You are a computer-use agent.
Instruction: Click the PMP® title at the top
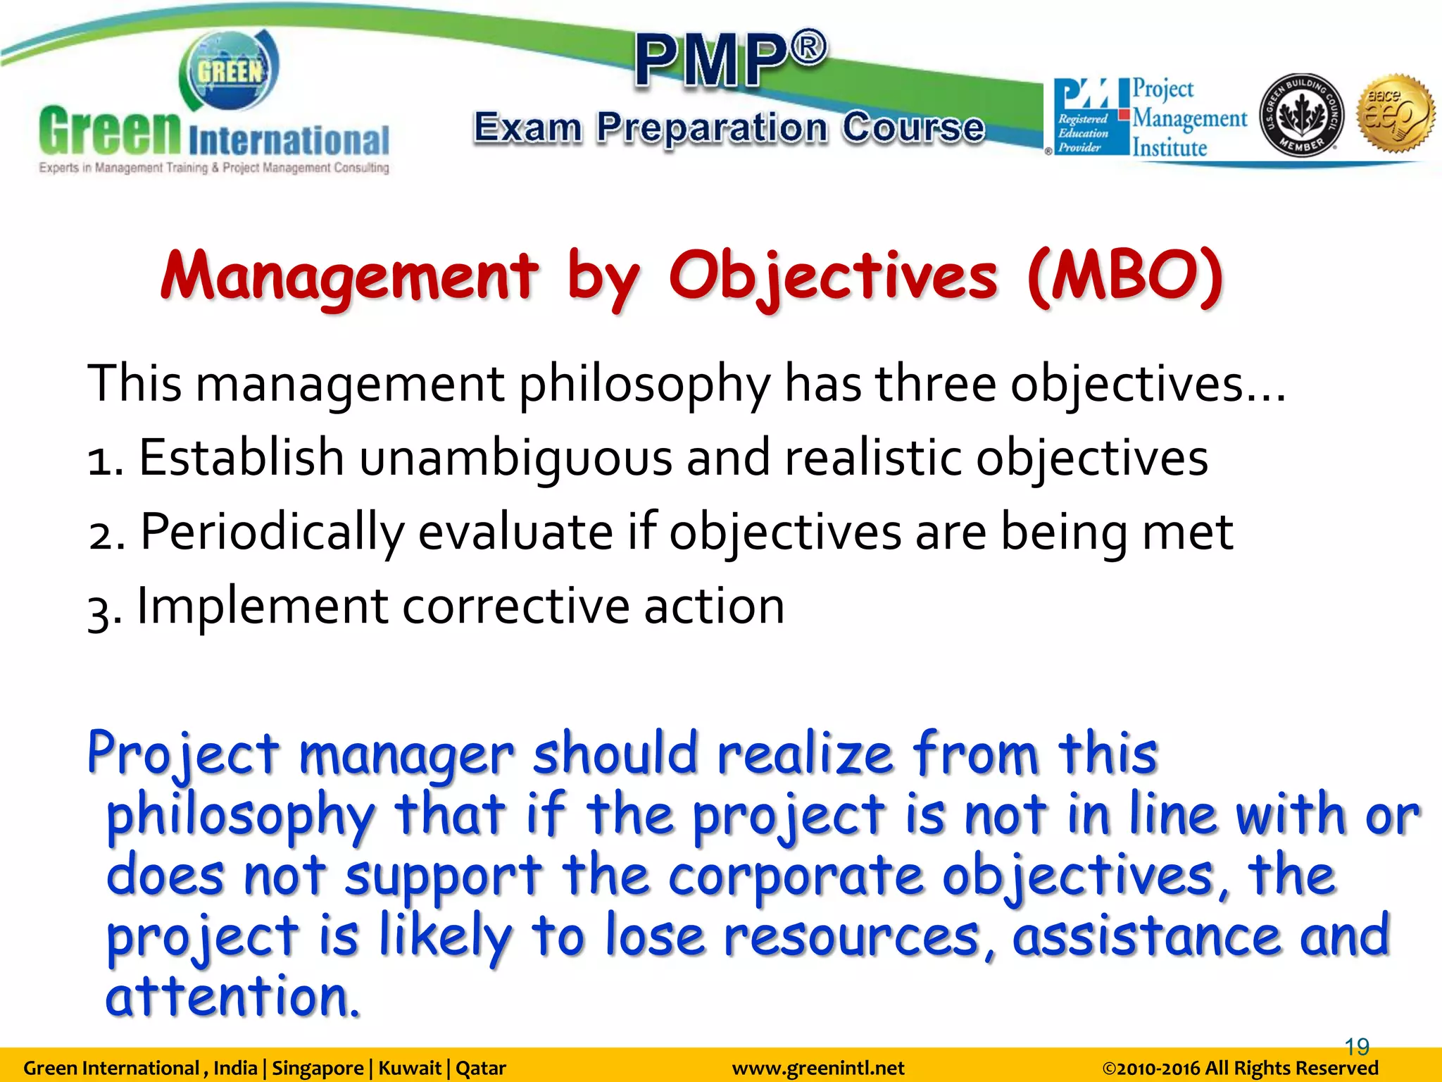point(731,59)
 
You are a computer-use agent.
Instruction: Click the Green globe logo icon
point(229,70)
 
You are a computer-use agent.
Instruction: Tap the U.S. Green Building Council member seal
point(1301,116)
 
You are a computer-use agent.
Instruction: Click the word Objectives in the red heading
point(832,277)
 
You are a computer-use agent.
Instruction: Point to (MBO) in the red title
point(1124,277)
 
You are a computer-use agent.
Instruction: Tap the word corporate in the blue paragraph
point(796,876)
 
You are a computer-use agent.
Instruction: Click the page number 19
point(1357,1047)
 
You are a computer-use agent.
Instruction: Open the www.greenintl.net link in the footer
point(818,1069)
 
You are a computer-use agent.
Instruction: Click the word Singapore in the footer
point(318,1069)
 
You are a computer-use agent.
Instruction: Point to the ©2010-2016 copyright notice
point(1240,1069)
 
